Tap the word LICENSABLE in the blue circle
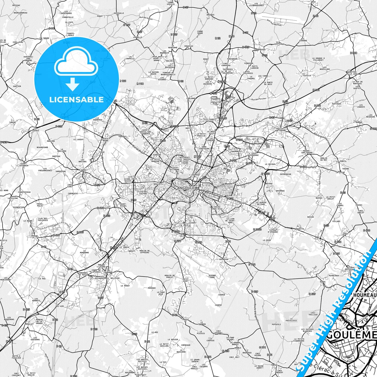[x=76, y=100]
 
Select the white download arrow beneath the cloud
[x=73, y=84]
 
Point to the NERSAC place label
[x=35, y=236]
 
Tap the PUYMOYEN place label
[x=224, y=259]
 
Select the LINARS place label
[x=83, y=170]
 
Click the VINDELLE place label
[x=138, y=37]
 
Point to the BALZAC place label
[x=170, y=61]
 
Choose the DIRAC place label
[x=323, y=282]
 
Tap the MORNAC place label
[x=359, y=122]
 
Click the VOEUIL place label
[x=186, y=319]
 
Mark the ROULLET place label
[x=30, y=324]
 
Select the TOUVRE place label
[x=345, y=169]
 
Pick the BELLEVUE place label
[x=115, y=278]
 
